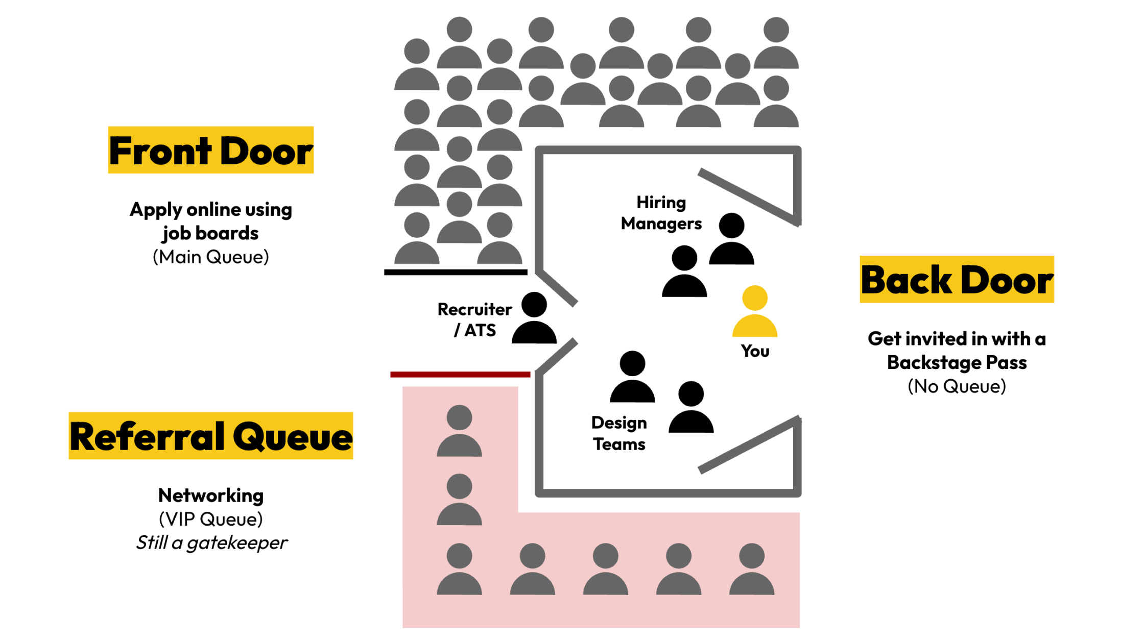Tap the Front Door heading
click(x=210, y=151)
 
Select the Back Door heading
click(x=957, y=280)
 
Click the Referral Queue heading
click(x=210, y=436)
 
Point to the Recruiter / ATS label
click(x=474, y=320)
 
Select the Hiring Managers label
click(x=661, y=213)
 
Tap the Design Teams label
click(x=619, y=433)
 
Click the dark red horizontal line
click(x=460, y=375)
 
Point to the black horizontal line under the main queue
click(x=456, y=273)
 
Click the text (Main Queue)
click(x=210, y=257)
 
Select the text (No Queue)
click(x=957, y=386)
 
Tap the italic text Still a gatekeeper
click(x=211, y=542)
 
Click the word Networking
click(x=211, y=496)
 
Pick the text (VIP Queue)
click(x=211, y=519)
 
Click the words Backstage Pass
click(x=957, y=362)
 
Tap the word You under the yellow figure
click(x=755, y=351)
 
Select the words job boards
click(x=210, y=233)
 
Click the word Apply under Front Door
click(x=156, y=210)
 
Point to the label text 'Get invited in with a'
click(x=957, y=339)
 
